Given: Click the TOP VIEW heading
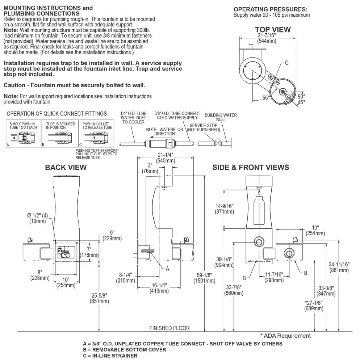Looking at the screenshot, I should click(273, 29).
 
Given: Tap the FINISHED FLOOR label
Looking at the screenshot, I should click(169, 328).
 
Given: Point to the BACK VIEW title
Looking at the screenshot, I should click(66, 167).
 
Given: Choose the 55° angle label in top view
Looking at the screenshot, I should click(266, 97).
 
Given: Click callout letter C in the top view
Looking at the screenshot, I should click(286, 63).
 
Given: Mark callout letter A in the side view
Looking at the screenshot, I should click(167, 269).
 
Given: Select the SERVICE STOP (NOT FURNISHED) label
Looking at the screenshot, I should click(203, 127).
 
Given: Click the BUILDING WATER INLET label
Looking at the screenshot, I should click(221, 117).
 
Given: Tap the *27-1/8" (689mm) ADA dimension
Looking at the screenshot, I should click(314, 305).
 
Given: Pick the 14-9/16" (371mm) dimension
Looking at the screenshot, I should click(224, 209).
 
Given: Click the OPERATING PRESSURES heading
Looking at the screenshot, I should click(271, 9).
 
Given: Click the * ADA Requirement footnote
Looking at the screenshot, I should click(285, 336).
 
